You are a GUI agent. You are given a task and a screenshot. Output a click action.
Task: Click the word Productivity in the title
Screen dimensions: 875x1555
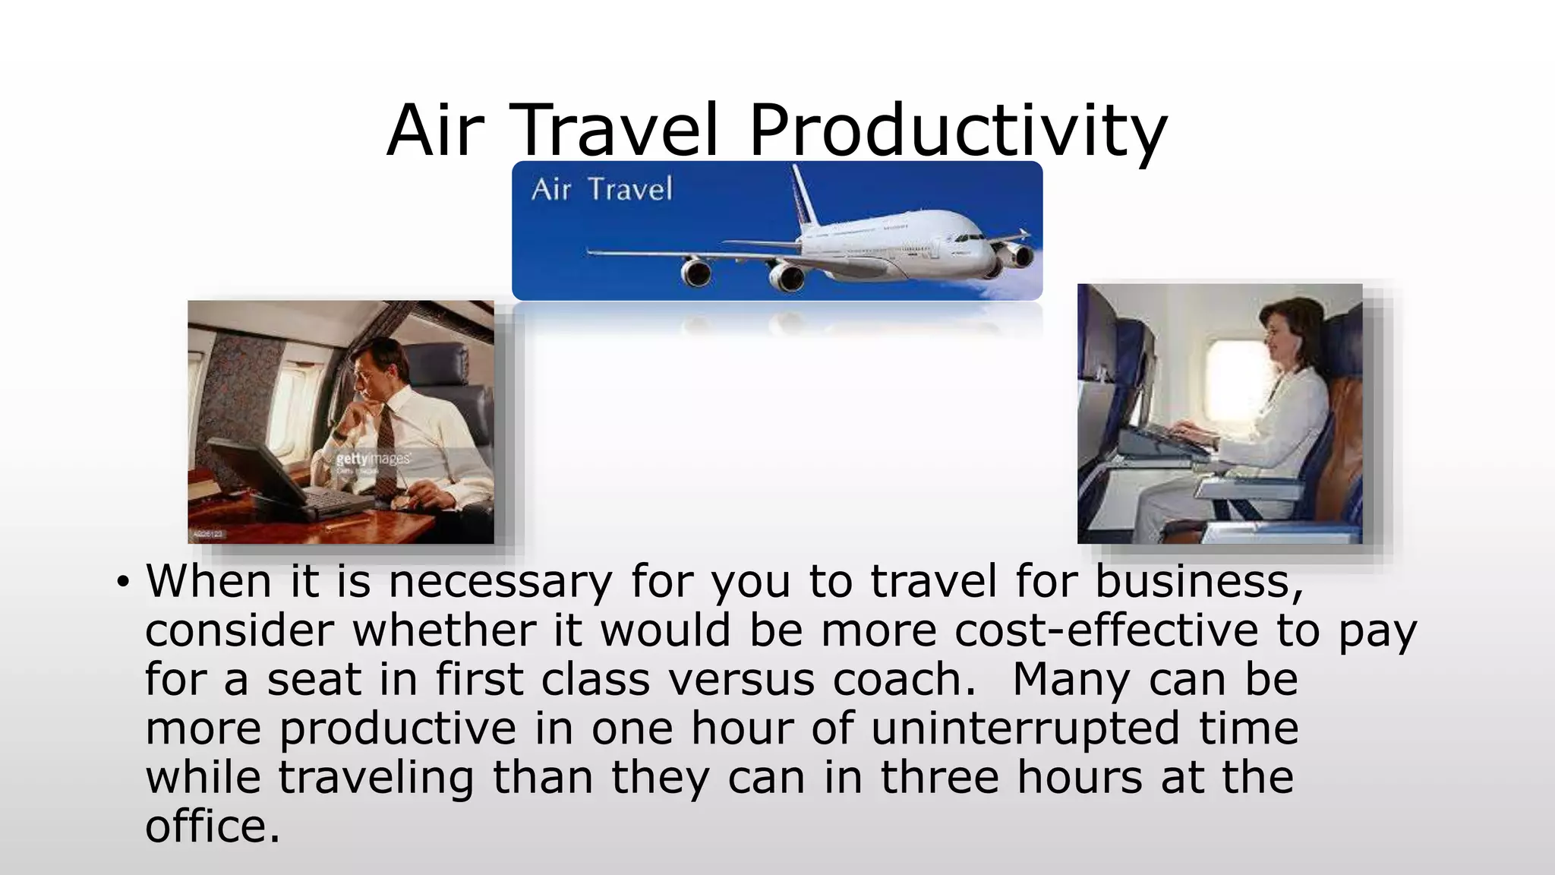[x=957, y=131]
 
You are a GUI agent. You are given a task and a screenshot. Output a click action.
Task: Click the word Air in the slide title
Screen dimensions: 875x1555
[x=434, y=131]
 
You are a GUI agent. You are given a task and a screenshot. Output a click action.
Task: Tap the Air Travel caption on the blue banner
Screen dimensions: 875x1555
[x=601, y=189]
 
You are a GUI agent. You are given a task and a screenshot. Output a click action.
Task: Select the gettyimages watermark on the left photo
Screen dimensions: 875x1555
[x=373, y=459]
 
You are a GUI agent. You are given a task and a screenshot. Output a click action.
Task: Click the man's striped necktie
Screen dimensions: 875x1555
[x=386, y=441]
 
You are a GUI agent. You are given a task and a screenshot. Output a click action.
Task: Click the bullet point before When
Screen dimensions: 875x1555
[x=122, y=583]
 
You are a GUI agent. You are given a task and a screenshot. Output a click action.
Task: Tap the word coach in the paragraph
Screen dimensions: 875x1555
[x=903, y=679]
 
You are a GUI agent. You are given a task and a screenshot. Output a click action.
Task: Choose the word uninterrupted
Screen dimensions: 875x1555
[x=1025, y=728]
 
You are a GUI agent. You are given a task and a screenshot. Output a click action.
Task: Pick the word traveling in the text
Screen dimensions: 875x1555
[x=376, y=778]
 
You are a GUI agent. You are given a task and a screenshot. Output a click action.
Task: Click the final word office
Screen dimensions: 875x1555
[x=212, y=826]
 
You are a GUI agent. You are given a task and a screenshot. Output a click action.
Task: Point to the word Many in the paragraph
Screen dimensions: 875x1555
[x=1071, y=679]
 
